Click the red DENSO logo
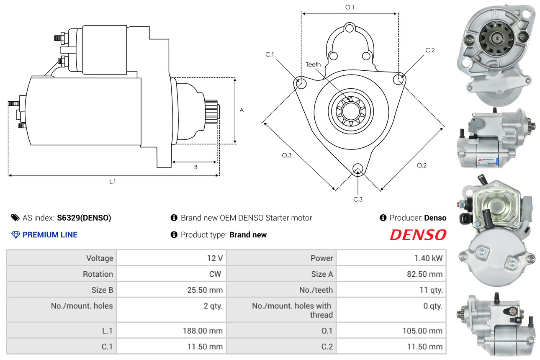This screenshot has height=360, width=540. pos(418,234)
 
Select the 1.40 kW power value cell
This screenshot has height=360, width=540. pos(428,258)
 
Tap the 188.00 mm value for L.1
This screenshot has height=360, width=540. pos(203,331)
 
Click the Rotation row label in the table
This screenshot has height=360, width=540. pos(98,274)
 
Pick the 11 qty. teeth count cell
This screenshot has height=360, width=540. pos(431,290)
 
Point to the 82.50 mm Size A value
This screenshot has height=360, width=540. pos(425,274)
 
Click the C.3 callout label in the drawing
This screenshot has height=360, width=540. pos(358,199)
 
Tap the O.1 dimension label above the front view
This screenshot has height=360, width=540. pos(350,7)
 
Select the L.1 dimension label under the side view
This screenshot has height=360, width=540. pos(113,181)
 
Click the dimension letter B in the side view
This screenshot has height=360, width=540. pos(196,167)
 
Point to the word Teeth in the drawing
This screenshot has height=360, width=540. pos(313,64)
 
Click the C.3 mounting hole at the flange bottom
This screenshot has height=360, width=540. pos(358,169)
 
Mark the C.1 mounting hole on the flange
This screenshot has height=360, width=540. pos(301,83)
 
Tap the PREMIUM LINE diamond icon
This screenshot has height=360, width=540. pos(15,234)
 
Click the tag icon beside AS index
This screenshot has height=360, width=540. pos(15,218)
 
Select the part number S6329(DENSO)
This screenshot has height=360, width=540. pos(84,218)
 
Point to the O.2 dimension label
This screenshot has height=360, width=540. pos(422,165)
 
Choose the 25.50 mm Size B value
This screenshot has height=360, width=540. pos(205,290)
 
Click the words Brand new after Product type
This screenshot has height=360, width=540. pos(248,234)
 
